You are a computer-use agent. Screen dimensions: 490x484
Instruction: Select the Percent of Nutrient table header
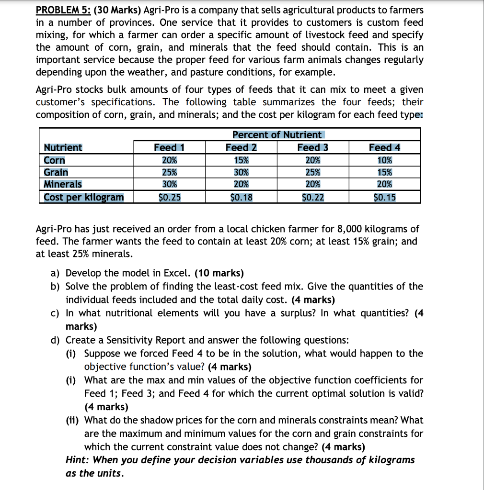pos(277,135)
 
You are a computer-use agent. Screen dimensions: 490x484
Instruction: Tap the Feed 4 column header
pos(384,147)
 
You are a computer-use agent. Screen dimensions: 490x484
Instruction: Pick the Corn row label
pos(54,160)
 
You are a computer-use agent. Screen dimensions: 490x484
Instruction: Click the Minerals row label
pos(63,184)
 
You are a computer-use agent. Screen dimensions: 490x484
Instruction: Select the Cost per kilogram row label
pos(84,197)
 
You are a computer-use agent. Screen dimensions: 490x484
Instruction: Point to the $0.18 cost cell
pos(241,197)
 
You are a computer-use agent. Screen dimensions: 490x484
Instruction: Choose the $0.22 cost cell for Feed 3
pos(312,197)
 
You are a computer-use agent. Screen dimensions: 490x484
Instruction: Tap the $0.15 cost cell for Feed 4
pos(384,197)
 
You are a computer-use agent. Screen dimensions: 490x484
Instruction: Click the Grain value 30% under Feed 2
pos(241,172)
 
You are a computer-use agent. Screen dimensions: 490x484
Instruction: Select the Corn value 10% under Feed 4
pos(384,160)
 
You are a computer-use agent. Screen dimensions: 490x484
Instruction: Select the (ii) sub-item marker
pos(73,421)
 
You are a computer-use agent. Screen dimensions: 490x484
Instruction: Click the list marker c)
pos(56,313)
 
